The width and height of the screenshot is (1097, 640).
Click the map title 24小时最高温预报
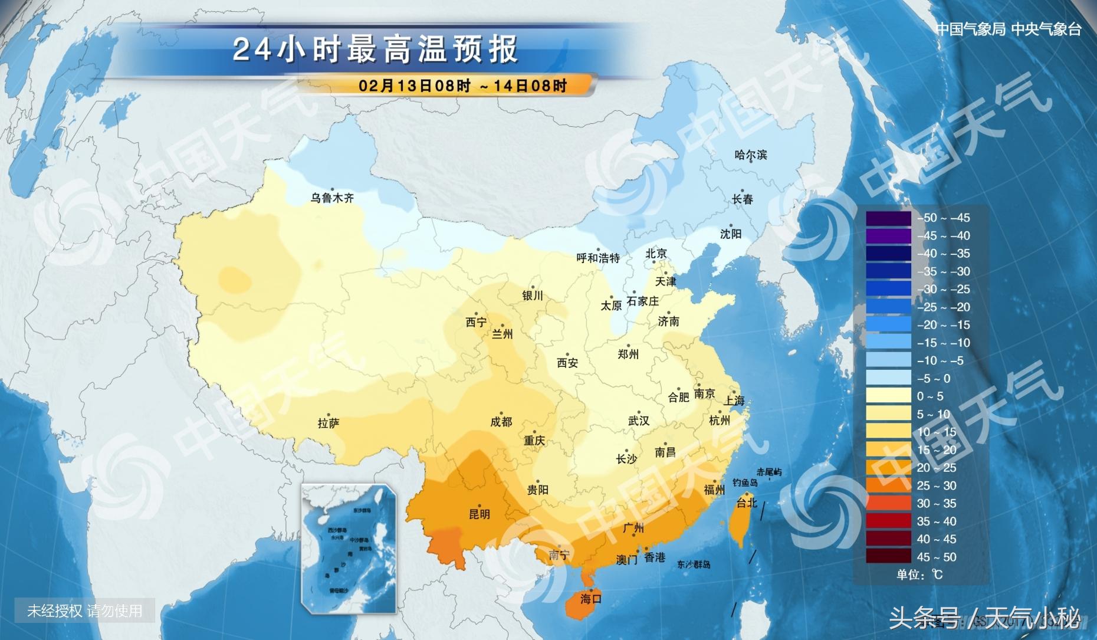coord(375,50)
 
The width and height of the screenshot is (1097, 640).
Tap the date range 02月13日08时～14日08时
coord(462,86)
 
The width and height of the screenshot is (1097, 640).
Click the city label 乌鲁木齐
coord(332,198)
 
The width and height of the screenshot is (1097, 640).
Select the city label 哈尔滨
coord(750,155)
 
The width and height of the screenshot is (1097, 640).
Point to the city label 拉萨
coord(329,424)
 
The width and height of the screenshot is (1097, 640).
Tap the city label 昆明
coord(479,514)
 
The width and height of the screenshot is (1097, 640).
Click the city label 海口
coord(590,599)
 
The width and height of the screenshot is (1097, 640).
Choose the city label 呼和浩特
coord(598,258)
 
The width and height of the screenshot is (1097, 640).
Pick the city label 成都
coord(501,422)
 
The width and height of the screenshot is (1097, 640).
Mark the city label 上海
coord(734,401)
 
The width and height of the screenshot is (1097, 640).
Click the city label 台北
coord(747,503)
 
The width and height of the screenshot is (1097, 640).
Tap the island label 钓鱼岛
coord(744,483)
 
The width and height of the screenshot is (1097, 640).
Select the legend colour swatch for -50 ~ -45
coord(888,218)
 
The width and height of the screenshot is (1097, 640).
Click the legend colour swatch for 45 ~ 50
coord(888,557)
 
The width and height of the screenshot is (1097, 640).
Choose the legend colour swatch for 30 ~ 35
coord(888,503)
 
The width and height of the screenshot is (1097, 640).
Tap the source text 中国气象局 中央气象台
coord(1009,29)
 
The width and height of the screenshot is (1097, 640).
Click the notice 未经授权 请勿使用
coord(85,611)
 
